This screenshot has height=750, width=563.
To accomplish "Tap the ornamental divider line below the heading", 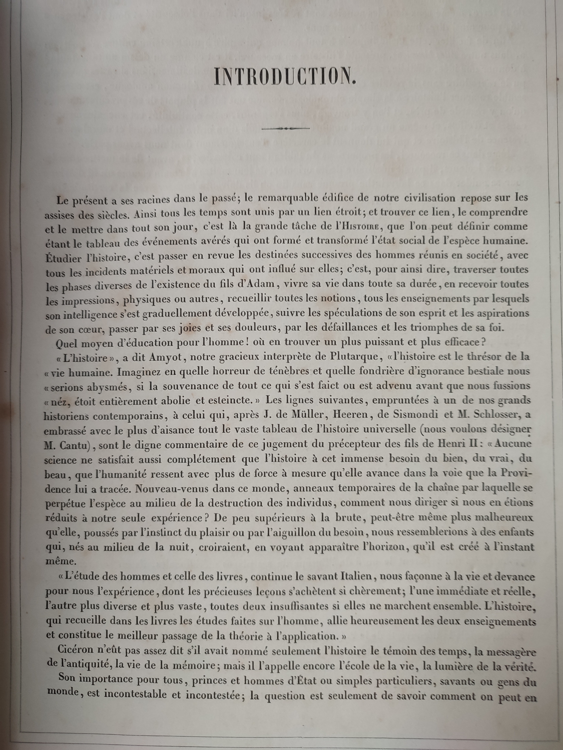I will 286,128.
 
